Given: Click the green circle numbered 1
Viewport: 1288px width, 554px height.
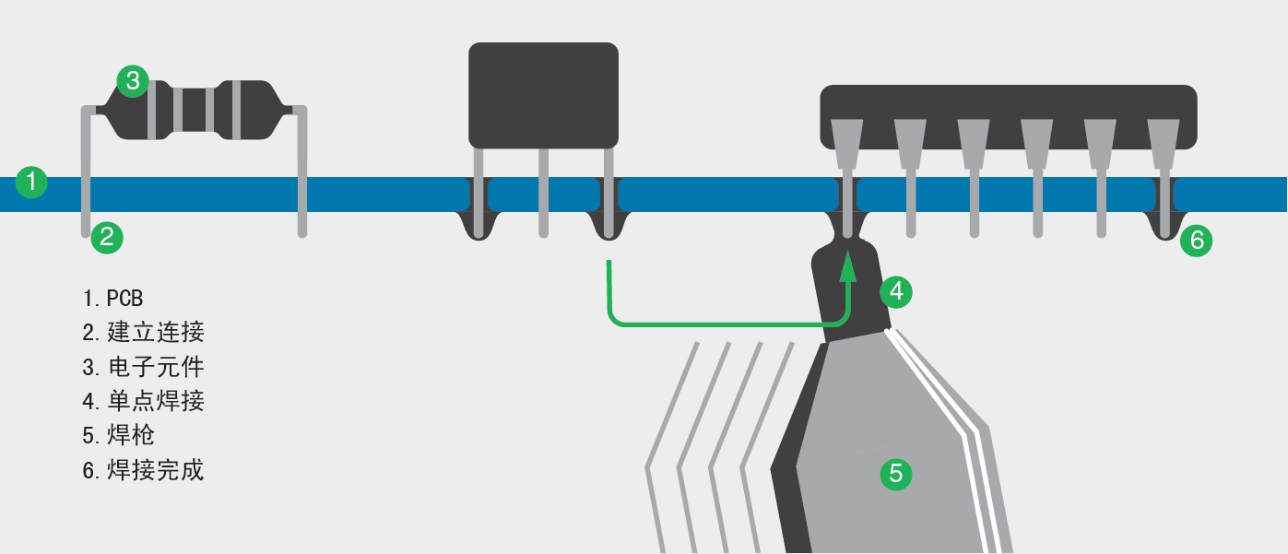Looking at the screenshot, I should (x=31, y=182).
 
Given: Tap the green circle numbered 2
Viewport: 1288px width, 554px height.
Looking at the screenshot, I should (x=107, y=237).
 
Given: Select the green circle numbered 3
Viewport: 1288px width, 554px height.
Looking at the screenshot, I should (x=133, y=81).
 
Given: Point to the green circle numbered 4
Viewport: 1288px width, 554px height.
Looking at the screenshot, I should (x=896, y=292).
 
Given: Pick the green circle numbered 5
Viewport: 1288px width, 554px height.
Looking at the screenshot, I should (x=896, y=474).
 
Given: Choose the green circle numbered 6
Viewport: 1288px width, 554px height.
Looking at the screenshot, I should (x=1197, y=241).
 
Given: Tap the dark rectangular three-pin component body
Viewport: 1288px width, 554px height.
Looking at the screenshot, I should (x=543, y=95).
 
